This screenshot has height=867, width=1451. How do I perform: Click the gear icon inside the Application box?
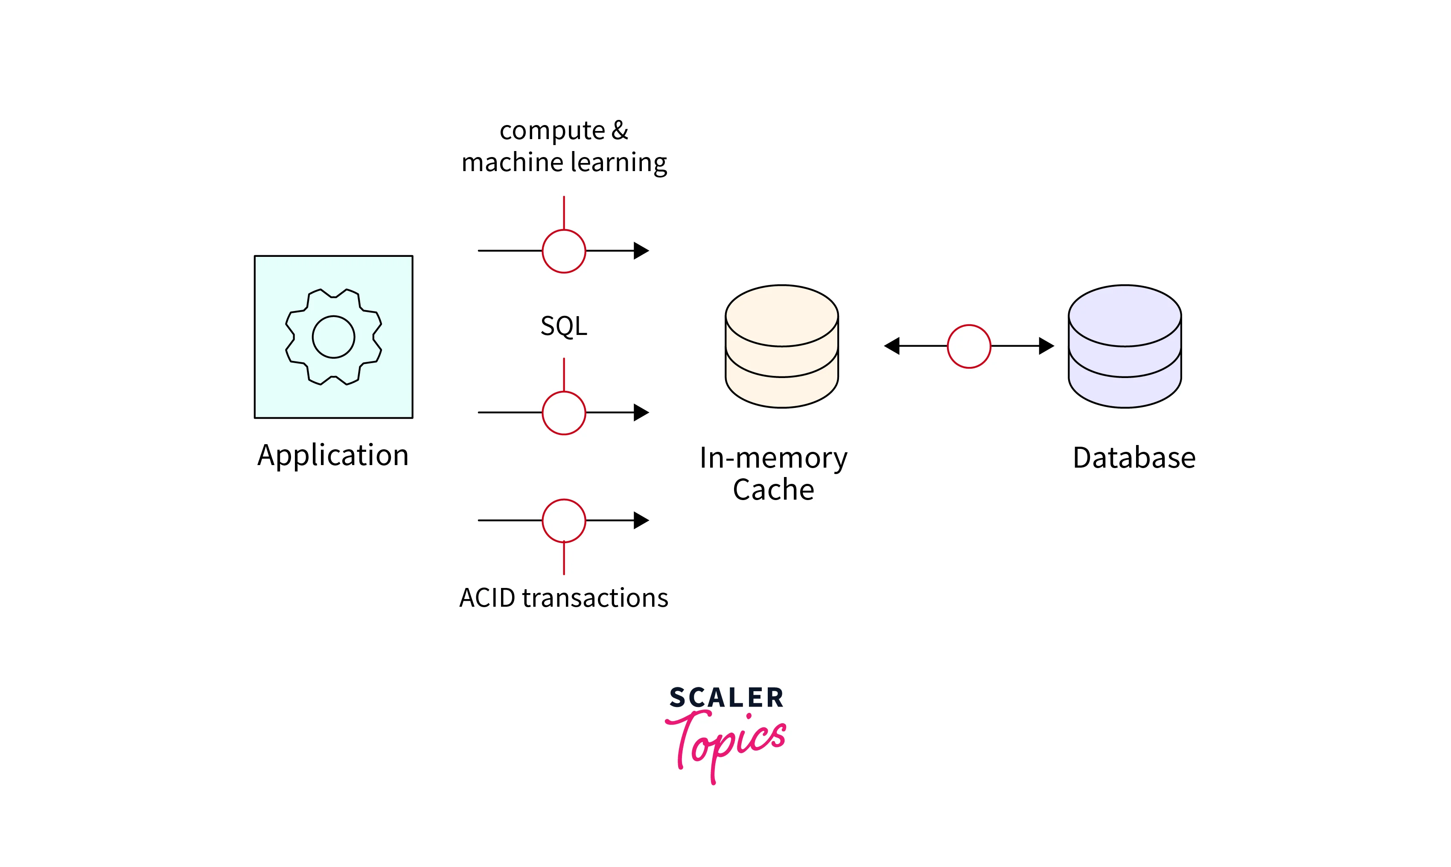click(x=333, y=337)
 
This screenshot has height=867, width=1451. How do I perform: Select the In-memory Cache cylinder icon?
click(x=781, y=346)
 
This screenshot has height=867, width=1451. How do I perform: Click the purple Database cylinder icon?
click(x=1125, y=346)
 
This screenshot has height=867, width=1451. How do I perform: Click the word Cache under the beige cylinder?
click(x=773, y=489)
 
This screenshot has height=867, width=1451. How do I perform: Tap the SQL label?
click(x=563, y=326)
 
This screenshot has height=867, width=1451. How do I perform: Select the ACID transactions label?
click(x=563, y=598)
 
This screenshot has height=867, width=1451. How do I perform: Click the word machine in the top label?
click(x=512, y=163)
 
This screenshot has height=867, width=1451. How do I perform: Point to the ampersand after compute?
click(x=620, y=130)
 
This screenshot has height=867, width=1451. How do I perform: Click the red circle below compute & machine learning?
click(x=563, y=251)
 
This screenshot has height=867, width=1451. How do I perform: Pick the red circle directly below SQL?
click(x=563, y=413)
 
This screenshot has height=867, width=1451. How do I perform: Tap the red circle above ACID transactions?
click(x=563, y=521)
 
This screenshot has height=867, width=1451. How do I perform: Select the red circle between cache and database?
click(x=968, y=346)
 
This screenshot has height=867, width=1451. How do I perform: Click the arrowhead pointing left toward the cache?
click(x=892, y=346)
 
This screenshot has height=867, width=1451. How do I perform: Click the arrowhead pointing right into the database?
click(x=1046, y=346)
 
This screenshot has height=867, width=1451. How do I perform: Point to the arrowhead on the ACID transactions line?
click(x=641, y=520)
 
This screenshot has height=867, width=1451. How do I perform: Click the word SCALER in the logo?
click(x=726, y=698)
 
